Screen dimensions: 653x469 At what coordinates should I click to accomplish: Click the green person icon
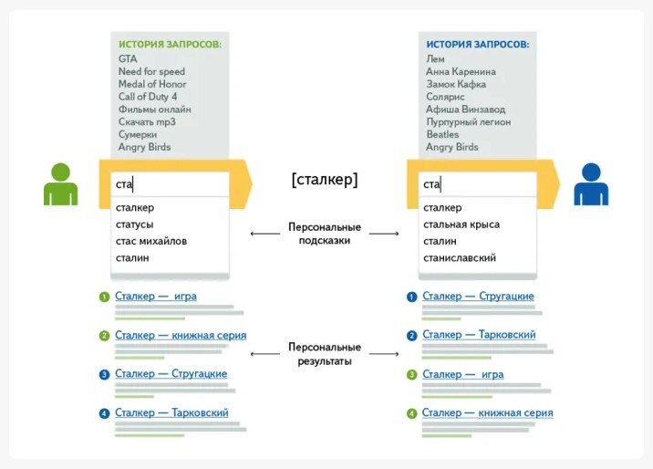point(61,184)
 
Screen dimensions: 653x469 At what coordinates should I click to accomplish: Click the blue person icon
point(591,184)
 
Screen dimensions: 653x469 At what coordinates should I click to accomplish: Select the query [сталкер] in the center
point(325,180)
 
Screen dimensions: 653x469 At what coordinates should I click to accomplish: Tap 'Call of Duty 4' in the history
point(148,97)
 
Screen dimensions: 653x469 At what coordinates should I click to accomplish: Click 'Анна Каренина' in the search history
point(461,72)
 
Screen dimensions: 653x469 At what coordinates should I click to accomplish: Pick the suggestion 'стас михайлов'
point(151,241)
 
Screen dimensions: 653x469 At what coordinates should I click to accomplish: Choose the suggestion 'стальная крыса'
point(461,224)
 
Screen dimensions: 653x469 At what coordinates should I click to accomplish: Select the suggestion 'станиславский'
point(460,258)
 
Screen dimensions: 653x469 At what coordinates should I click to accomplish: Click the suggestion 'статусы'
point(134,224)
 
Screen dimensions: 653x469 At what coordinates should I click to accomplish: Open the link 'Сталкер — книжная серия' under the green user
point(181,335)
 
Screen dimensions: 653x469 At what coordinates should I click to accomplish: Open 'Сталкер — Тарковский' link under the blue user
point(479,335)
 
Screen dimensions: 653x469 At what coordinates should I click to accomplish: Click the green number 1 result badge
point(104,297)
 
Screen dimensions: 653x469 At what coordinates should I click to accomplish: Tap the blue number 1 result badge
point(411,297)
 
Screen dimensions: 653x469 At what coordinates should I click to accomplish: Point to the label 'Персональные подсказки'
point(325,234)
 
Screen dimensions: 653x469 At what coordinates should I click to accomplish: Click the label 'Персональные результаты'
point(325,354)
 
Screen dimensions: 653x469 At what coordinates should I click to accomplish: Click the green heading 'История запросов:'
point(170,44)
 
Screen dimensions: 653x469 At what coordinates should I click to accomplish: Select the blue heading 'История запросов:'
point(478,44)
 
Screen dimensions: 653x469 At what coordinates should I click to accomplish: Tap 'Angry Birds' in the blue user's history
point(451,147)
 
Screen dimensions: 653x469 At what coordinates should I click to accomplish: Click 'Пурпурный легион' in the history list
point(469,122)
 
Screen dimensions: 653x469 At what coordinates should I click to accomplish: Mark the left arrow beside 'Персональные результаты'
point(265,354)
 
